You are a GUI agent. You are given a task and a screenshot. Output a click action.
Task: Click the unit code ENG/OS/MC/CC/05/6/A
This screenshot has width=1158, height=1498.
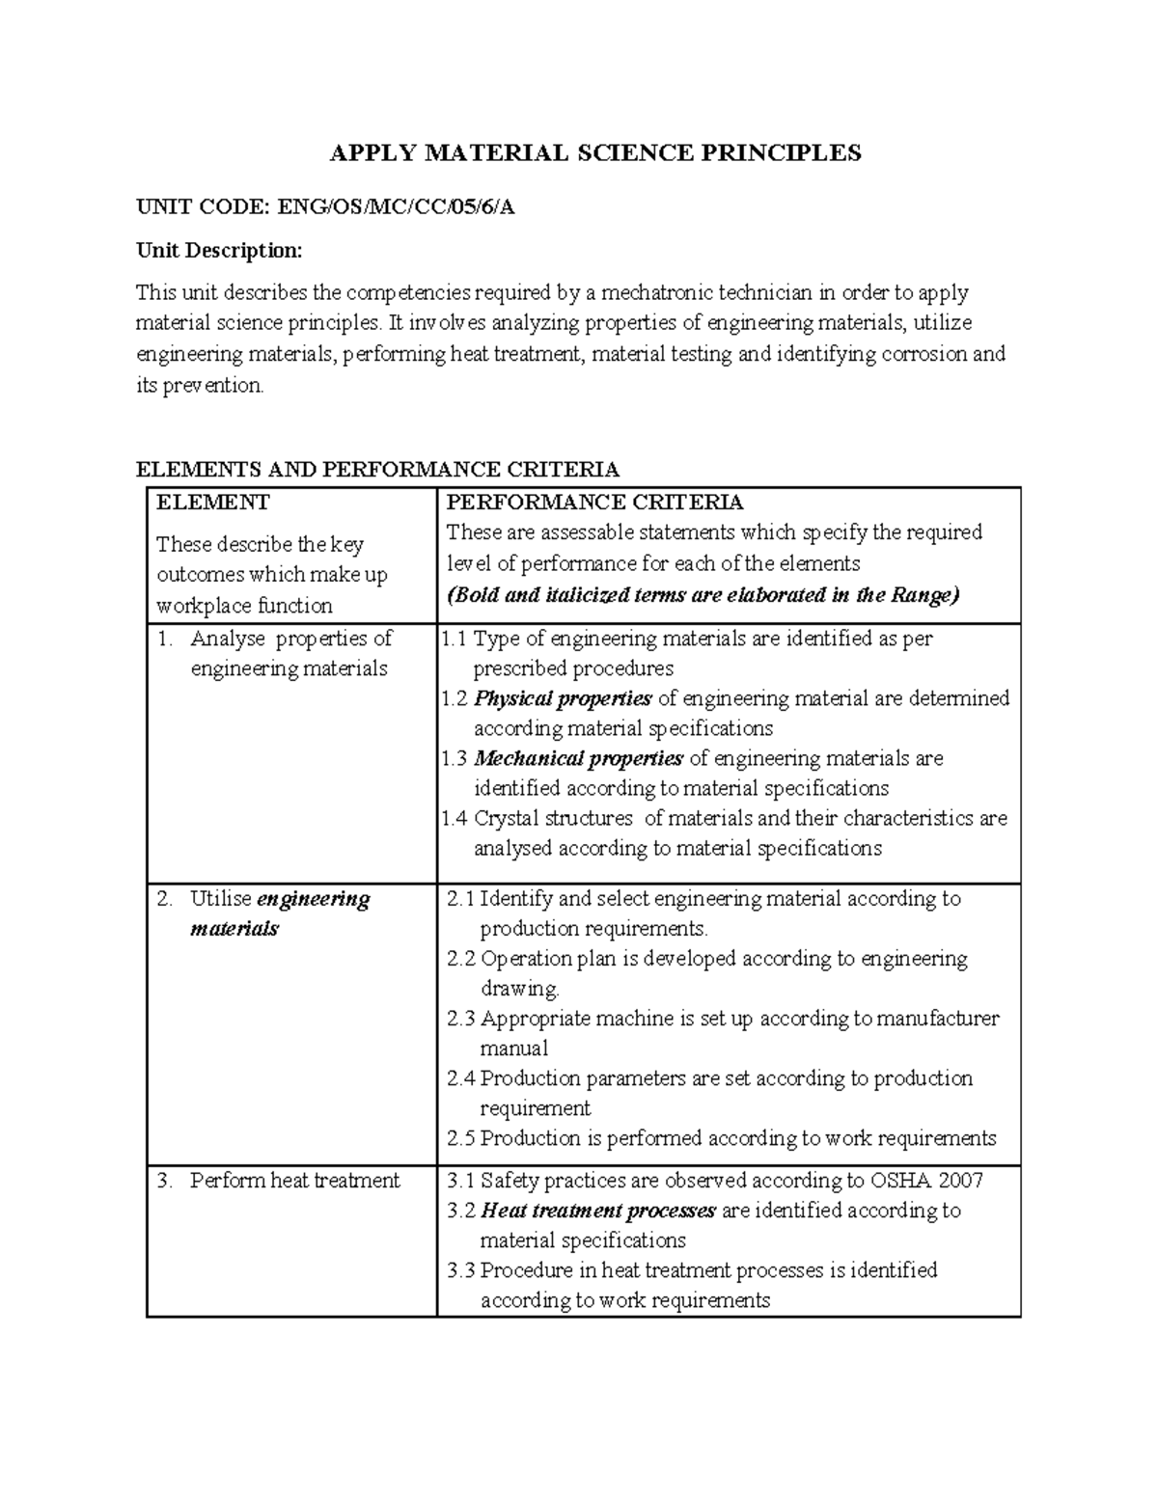396,206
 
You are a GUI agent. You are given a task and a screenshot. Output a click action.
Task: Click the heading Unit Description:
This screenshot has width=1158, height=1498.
219,251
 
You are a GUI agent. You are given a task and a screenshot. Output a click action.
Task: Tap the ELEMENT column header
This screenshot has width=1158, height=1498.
213,503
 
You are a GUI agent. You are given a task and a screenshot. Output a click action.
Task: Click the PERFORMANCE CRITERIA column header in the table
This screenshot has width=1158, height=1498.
594,503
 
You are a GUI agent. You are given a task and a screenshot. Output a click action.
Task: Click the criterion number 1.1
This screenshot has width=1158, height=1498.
455,639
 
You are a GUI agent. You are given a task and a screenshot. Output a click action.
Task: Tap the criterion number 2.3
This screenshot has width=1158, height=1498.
461,1019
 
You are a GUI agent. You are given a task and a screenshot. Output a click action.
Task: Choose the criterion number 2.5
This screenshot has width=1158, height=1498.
461,1138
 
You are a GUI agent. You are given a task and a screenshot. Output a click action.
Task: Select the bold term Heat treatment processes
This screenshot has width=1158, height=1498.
598,1211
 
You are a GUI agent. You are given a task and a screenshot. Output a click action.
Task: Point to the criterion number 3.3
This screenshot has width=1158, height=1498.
461,1270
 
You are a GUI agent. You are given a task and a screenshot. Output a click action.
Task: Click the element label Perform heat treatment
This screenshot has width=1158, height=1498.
294,1181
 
